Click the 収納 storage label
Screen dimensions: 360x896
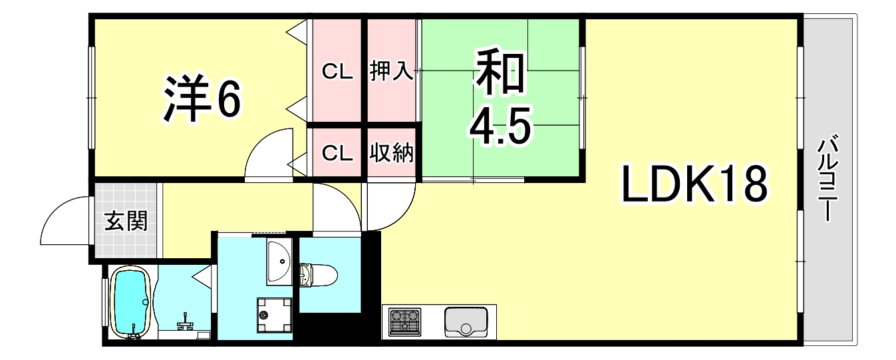[x=392, y=153]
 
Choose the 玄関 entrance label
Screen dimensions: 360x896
[x=126, y=221]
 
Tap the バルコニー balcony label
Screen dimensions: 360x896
[x=827, y=178]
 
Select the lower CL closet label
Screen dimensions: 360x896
[x=337, y=153]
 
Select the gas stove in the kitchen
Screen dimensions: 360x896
[x=405, y=321]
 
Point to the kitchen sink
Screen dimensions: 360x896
[x=467, y=322]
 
